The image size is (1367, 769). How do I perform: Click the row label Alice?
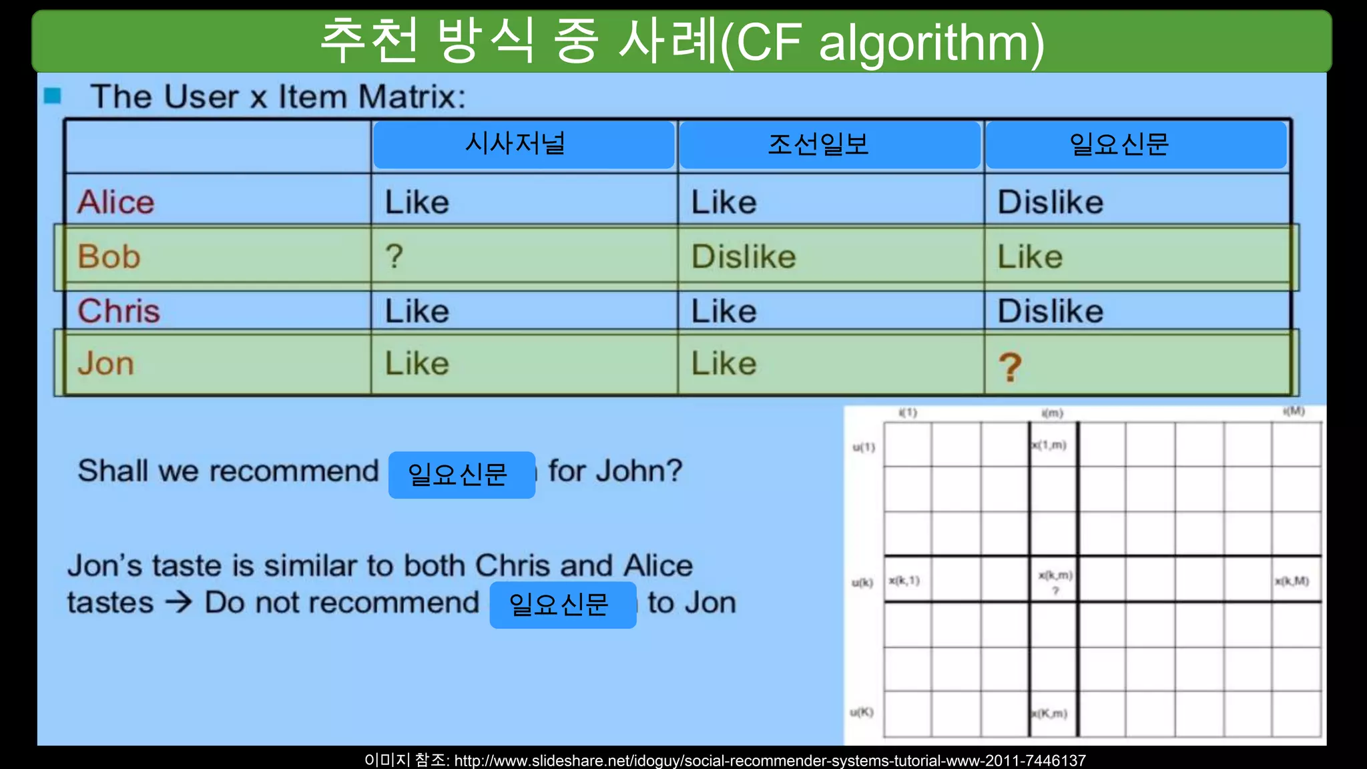point(116,202)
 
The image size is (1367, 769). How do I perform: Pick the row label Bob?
point(109,256)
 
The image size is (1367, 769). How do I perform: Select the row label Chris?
point(119,311)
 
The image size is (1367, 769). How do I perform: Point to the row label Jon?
point(105,364)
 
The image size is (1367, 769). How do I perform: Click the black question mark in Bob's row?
point(394,256)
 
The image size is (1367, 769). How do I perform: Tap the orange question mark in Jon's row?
point(1010,366)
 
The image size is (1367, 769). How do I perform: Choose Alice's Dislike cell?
point(1050,202)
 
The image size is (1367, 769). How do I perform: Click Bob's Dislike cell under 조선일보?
point(744,256)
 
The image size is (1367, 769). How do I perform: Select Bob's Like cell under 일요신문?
point(1030,256)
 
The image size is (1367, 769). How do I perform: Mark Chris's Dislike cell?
point(1050,311)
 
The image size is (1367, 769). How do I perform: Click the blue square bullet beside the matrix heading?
point(53,96)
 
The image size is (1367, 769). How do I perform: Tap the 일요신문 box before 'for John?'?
point(461,475)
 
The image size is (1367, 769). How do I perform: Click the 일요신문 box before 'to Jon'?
point(563,605)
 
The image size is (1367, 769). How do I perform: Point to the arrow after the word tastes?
point(179,602)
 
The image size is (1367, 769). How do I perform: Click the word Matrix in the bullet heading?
point(411,97)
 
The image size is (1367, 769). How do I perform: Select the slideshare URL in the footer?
point(770,760)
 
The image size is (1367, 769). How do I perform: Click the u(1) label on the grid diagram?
point(863,447)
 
